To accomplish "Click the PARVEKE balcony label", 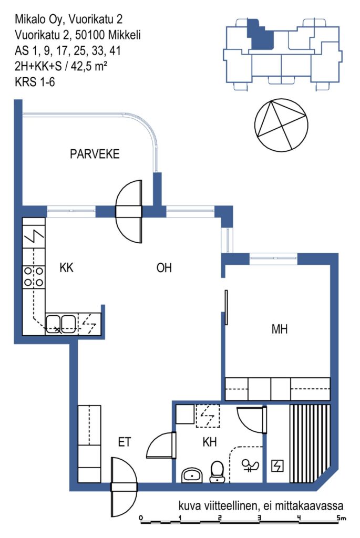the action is [95, 154].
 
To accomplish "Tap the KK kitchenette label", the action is [66, 267].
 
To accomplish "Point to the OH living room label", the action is [164, 267].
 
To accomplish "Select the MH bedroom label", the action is [280, 329].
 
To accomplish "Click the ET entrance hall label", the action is [125, 442].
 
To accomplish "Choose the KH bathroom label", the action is [210, 442].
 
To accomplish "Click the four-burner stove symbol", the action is [34, 277].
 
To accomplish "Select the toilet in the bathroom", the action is [217, 471].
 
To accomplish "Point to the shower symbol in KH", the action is [251, 465].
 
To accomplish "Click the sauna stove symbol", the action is [277, 465].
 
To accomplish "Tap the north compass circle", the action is [281, 126].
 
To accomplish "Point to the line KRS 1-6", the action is [35, 82].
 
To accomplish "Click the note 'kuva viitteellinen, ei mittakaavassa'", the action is [261, 506].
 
